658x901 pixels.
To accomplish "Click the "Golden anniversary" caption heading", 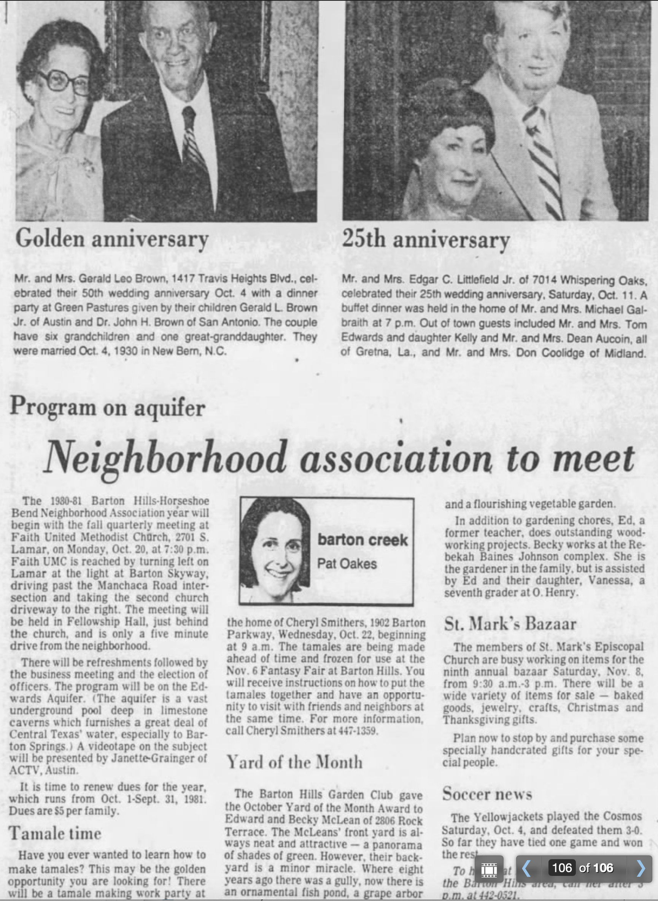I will tap(112, 239).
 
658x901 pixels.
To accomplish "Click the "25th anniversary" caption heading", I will tap(426, 240).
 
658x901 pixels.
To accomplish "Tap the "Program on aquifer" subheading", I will tap(108, 407).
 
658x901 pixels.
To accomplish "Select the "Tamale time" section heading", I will tap(55, 833).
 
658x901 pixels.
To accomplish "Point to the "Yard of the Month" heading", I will tap(294, 762).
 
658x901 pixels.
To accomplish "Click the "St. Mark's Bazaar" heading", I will tap(510, 624).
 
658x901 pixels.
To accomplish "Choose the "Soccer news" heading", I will tap(487, 793).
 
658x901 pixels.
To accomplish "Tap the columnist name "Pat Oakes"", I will tap(347, 564).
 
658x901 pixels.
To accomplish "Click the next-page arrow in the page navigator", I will tap(641, 868).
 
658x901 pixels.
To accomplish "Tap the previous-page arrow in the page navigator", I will tap(526, 868).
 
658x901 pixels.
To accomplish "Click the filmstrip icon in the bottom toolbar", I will tap(489, 869).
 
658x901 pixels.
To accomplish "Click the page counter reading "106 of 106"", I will tap(582, 868).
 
